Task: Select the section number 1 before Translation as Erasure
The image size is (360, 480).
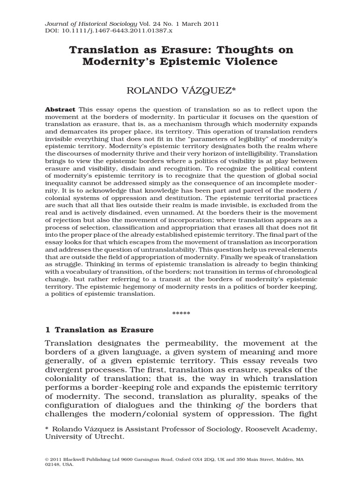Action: (x=47, y=330)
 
